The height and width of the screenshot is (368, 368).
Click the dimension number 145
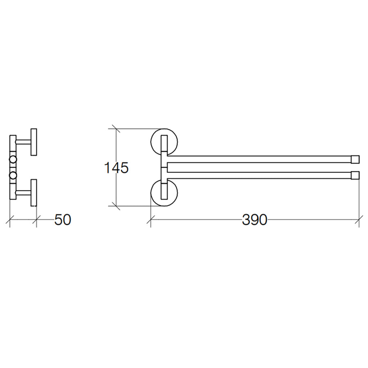tap(116, 168)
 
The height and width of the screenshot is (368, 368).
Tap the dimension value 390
tap(254, 220)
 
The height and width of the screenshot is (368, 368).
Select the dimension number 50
tap(63, 220)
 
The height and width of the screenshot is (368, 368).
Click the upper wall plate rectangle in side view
tap(34, 142)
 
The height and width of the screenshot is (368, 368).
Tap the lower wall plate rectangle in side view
tap(34, 192)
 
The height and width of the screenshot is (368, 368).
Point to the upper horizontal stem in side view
tap(23, 142)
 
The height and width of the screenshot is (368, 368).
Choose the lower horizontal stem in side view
tap(23, 192)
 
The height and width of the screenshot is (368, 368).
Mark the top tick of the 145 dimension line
tap(116, 129)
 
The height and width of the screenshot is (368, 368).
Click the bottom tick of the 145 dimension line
tap(116, 205)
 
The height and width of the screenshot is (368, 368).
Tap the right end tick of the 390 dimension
tap(359, 220)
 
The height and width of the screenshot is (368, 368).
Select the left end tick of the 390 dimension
tap(151, 220)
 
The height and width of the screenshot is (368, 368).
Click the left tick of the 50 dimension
tap(10, 220)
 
